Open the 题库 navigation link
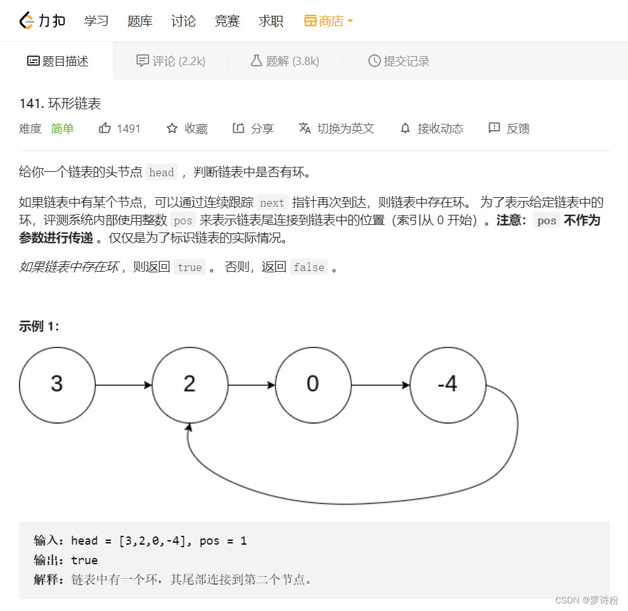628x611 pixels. [140, 21]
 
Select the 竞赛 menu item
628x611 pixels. [227, 21]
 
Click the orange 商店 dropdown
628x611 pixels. [329, 21]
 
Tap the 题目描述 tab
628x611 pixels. [57, 61]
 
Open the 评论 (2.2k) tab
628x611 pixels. [171, 61]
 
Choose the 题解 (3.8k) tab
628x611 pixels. [285, 61]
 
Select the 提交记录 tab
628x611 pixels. [399, 61]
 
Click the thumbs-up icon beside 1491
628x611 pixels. [105, 128]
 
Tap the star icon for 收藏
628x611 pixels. [172, 128]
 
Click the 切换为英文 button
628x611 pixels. [337, 128]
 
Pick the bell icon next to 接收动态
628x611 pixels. [406, 128]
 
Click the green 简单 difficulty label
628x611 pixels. [63, 128]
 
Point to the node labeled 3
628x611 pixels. [57, 384]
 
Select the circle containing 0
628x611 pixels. [313, 384]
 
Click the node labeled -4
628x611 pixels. [447, 384]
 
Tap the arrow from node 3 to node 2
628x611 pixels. [123, 384]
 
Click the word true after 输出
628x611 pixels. [85, 560]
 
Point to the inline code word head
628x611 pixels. [161, 172]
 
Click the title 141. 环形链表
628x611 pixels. [60, 104]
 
